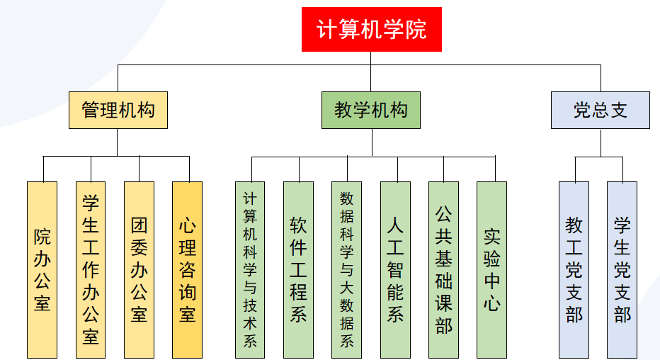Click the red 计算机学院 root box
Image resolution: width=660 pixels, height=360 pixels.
pos(371,30)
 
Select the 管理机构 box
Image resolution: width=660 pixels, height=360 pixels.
pos(118,111)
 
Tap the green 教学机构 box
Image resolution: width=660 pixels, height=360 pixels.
pos(371,111)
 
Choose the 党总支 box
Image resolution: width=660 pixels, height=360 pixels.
pos(600,111)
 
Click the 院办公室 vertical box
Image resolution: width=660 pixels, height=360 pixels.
pos(42,269)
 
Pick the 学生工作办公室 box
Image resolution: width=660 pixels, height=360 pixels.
pos(91,269)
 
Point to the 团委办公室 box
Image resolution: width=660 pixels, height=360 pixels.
pos(139,269)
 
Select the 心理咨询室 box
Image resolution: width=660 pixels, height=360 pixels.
pos(187,269)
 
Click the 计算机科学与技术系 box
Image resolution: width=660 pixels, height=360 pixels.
pos(250,269)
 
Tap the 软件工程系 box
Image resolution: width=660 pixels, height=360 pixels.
pos(298,269)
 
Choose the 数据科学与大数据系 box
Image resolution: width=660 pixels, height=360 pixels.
pos(346,269)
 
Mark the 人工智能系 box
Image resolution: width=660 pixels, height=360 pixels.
pos(395,269)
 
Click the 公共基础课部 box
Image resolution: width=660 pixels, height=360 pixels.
pos(443,269)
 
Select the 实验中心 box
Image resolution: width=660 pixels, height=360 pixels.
pos(491,269)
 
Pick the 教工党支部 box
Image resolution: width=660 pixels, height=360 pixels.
pos(574,269)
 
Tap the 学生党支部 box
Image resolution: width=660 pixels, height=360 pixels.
pos(622,269)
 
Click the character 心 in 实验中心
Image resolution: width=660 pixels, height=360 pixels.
pos(491,303)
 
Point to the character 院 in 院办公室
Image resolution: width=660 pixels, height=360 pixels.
pos(42,236)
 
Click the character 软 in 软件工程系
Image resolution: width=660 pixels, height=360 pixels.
pos(298,225)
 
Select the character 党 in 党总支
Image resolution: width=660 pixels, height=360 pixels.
pos(581,111)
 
